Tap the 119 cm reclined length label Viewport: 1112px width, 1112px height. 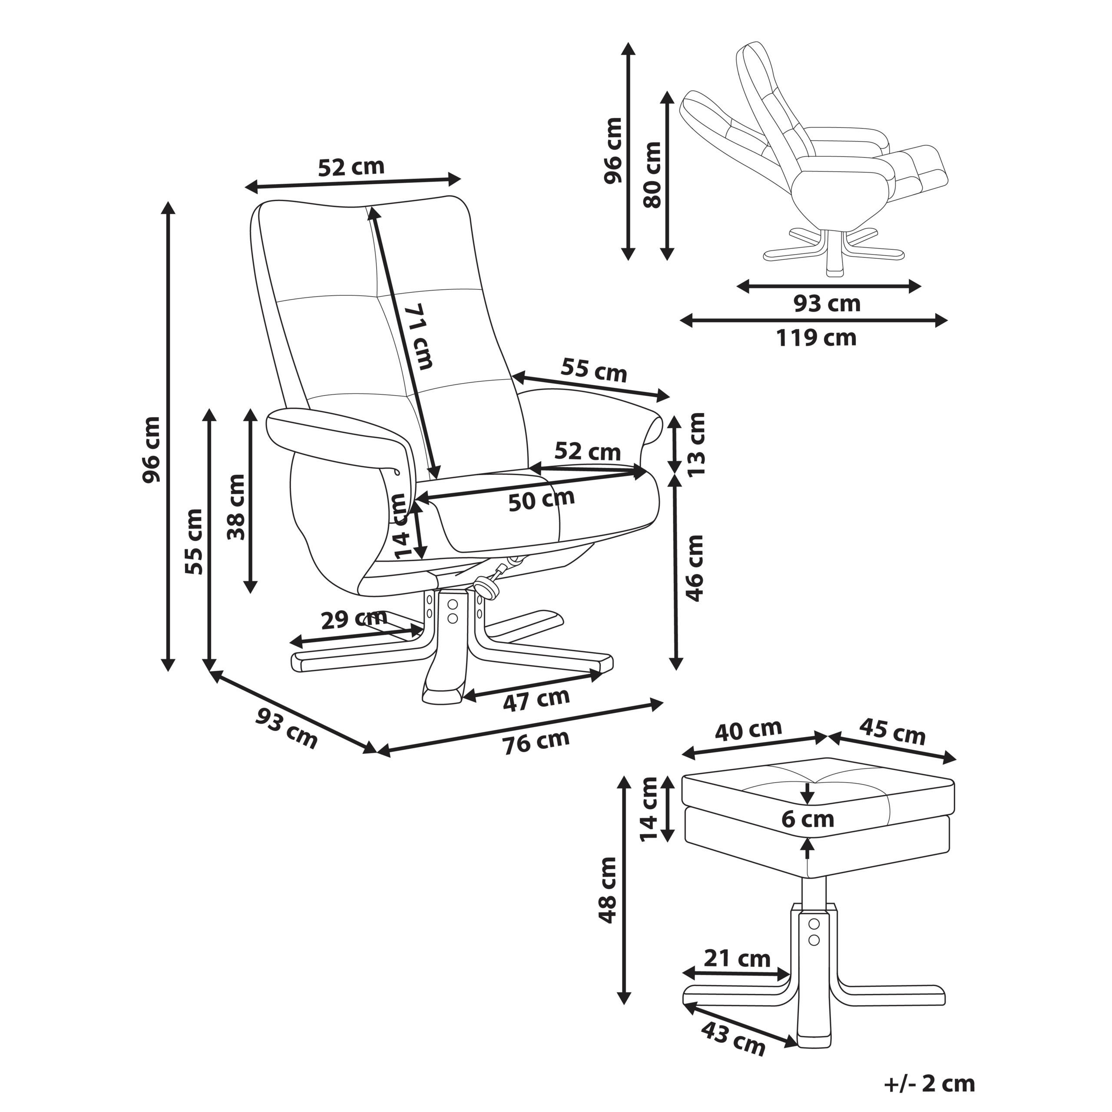click(x=816, y=338)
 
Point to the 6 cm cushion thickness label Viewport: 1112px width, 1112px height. click(x=808, y=819)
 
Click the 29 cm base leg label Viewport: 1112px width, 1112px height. click(x=354, y=620)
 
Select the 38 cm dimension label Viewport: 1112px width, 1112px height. click(x=235, y=507)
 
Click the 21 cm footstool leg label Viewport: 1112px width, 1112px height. click(x=737, y=958)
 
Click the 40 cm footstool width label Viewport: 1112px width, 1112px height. click(x=748, y=730)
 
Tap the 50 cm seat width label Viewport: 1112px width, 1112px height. click(x=541, y=499)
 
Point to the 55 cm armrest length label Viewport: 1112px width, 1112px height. click(x=593, y=370)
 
